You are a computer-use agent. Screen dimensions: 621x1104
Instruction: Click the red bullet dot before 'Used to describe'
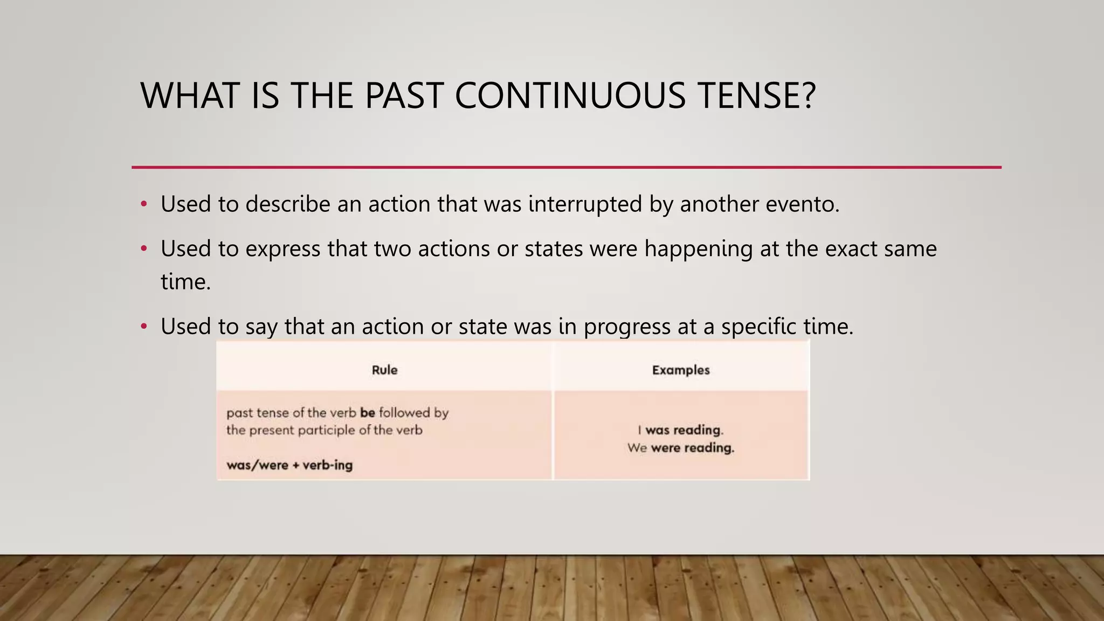[x=143, y=204]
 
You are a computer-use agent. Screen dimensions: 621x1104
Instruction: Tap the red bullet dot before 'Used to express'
[x=143, y=249]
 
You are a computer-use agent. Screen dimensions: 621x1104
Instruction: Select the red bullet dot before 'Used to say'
[x=143, y=327]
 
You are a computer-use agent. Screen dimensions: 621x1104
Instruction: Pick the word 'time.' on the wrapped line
[x=185, y=282]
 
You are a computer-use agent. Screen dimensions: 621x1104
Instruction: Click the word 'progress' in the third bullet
[x=627, y=327]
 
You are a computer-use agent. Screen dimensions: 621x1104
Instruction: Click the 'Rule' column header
[x=384, y=370]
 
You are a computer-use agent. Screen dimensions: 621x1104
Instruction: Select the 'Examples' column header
[x=681, y=370]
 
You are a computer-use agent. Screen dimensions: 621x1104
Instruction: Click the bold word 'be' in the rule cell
[x=368, y=413]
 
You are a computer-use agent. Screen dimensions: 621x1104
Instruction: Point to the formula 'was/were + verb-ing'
[x=289, y=465]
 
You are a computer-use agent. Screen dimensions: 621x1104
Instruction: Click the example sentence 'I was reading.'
[x=680, y=430]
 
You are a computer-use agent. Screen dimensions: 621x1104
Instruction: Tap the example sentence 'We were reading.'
[x=680, y=448]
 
